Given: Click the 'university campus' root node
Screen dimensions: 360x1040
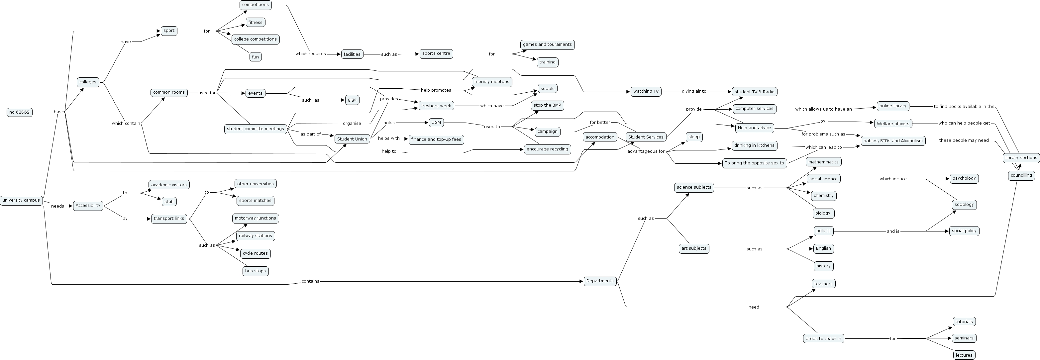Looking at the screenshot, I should pyautogui.click(x=21, y=200).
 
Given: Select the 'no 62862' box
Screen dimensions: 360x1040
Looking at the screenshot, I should pyautogui.click(x=19, y=112).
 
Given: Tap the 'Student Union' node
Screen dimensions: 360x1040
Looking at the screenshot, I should pyautogui.click(x=352, y=139).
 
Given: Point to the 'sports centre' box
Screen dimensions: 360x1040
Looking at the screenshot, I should pyautogui.click(x=436, y=54).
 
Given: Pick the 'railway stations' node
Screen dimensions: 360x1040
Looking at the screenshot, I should pyautogui.click(x=255, y=236).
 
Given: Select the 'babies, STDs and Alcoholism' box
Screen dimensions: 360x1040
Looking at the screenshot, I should pyautogui.click(x=893, y=140).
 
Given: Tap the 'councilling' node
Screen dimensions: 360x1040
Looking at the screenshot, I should pyautogui.click(x=1021, y=175).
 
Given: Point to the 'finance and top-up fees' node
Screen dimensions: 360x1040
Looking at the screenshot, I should pyautogui.click(x=436, y=139).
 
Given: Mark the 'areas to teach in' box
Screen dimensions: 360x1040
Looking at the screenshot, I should pyautogui.click(x=823, y=339).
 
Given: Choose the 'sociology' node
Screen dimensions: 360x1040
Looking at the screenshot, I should pyautogui.click(x=964, y=205).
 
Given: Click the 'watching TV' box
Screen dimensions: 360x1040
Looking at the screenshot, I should pyautogui.click(x=646, y=91).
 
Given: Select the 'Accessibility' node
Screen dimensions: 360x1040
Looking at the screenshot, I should pyautogui.click(x=88, y=206).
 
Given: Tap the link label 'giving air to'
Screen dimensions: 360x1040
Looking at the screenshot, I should pyautogui.click(x=694, y=91).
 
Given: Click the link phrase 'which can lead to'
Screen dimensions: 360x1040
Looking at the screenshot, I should pyautogui.click(x=823, y=147).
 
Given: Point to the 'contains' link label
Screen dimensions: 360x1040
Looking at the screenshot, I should pyautogui.click(x=310, y=281).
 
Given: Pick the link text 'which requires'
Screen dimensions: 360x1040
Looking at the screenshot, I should pyautogui.click(x=310, y=54).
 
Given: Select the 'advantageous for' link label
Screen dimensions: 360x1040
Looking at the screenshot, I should pyautogui.click(x=646, y=151).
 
